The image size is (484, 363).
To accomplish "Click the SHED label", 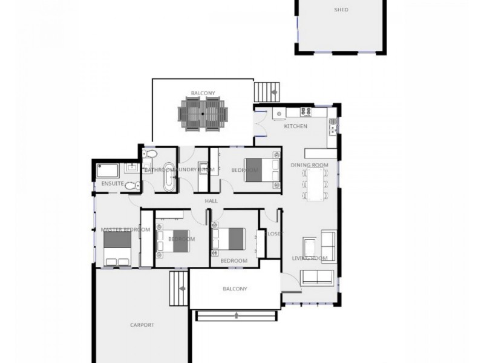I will click(341, 10).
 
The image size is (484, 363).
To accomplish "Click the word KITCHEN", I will click(296, 126).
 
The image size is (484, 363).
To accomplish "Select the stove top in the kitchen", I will click(306, 111).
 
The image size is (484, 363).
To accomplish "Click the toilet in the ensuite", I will click(130, 185).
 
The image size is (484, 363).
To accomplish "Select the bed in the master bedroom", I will click(117, 249).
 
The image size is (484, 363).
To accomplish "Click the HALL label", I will click(211, 201).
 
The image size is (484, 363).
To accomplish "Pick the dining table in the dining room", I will click(315, 183).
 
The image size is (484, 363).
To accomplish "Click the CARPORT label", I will click(142, 325).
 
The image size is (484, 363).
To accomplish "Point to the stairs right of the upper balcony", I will click(265, 93).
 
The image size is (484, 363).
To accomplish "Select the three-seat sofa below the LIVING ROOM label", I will click(316, 276).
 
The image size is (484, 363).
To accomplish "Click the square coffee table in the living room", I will click(310, 247).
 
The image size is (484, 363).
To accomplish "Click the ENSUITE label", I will click(113, 183).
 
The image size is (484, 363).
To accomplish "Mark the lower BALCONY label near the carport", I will click(235, 289).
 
